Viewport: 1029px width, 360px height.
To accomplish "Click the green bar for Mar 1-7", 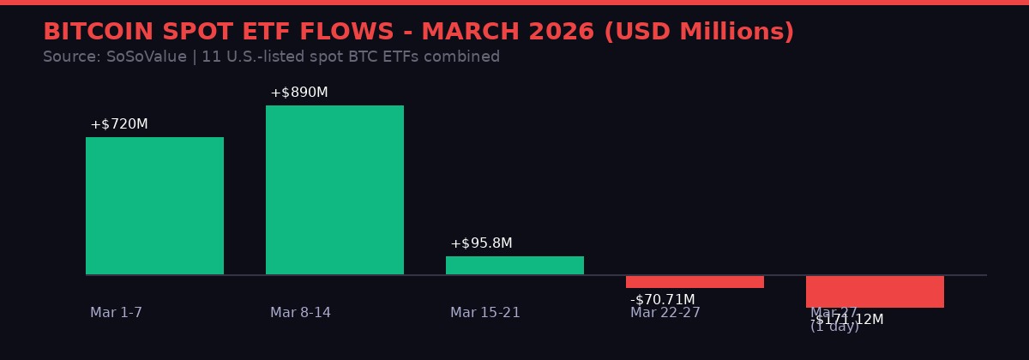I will [x=154, y=206].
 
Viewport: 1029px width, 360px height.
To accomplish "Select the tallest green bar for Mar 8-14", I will [x=334, y=189].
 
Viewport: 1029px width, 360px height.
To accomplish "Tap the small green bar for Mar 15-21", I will [x=514, y=266].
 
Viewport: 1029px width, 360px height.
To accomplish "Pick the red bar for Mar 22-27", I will [x=695, y=282].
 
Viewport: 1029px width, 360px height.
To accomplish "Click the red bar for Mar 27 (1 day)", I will [x=875, y=291].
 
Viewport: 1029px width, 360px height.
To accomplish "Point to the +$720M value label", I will [x=119, y=124].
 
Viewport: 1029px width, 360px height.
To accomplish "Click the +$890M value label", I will [x=299, y=93].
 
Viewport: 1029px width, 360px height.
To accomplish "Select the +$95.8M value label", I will [x=481, y=243].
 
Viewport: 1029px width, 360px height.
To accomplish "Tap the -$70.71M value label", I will [x=663, y=300].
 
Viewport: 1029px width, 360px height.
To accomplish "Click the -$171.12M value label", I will [x=847, y=320].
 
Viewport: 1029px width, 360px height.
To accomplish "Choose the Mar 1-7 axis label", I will [x=116, y=313].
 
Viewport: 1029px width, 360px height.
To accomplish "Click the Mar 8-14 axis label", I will [x=300, y=313].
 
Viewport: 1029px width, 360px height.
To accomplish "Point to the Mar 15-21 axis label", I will [x=484, y=313].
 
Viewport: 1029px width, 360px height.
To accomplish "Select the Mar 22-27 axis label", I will [x=665, y=313].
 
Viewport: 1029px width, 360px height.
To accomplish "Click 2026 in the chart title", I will [x=561, y=33].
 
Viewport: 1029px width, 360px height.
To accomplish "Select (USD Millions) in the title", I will [x=699, y=33].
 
